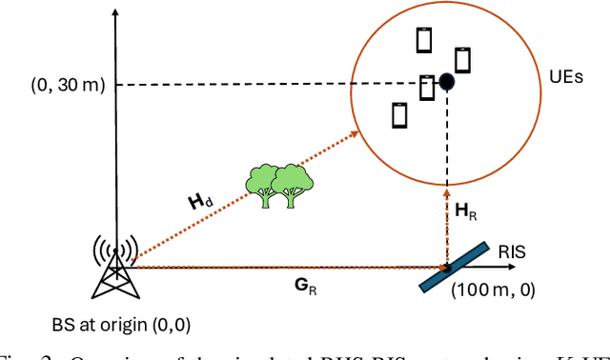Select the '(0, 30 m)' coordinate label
[x=69, y=86]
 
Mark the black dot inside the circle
[x=446, y=83]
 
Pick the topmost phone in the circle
[x=424, y=40]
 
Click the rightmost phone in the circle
[x=462, y=59]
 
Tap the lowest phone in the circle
[x=400, y=114]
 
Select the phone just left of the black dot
[x=427, y=87]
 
